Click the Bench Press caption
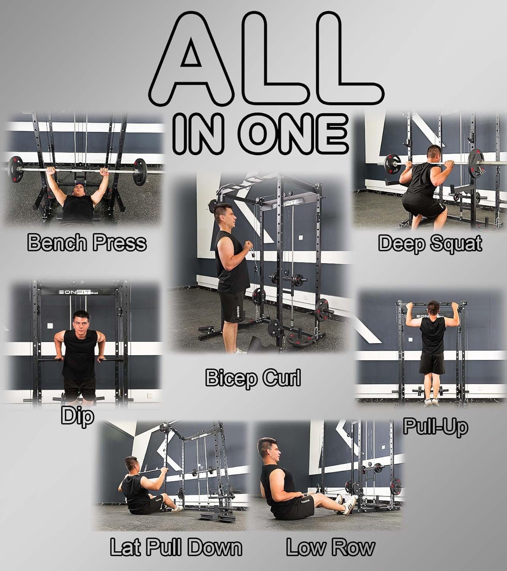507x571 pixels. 87,242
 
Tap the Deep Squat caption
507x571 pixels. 430,243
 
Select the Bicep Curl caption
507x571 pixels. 253,378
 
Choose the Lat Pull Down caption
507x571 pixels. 176,547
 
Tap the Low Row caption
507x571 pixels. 330,547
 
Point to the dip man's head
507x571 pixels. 81,321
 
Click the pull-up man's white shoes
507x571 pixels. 432,402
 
